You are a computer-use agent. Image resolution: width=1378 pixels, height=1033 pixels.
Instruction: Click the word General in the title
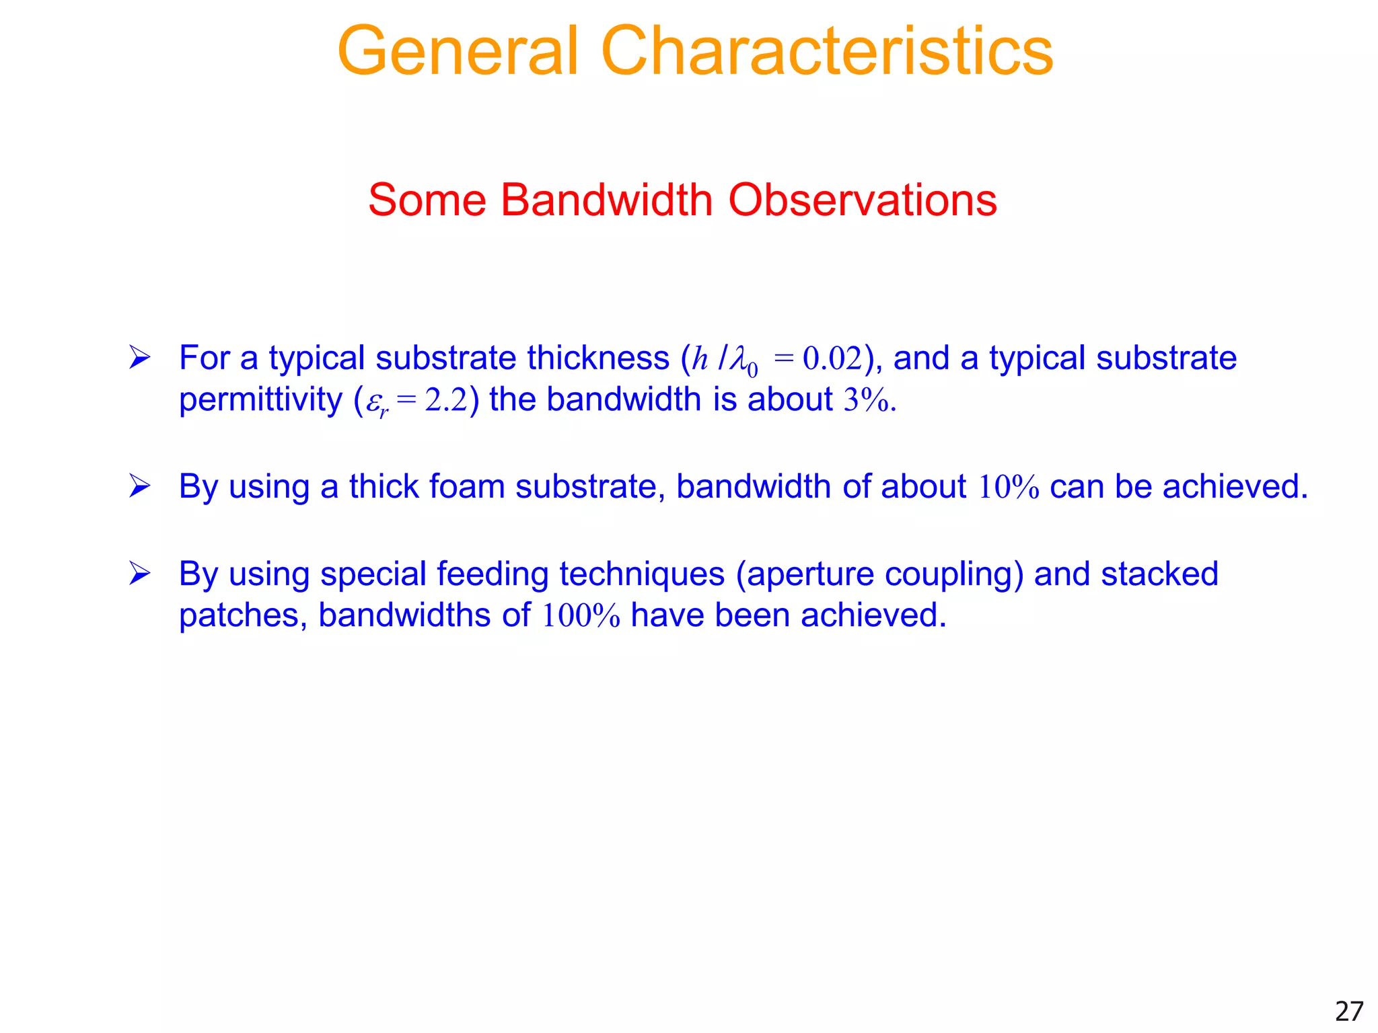pos(458,51)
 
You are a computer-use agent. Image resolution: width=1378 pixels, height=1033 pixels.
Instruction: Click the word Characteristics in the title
pos(827,51)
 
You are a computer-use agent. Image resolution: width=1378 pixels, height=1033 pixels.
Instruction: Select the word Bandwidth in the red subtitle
pos(606,200)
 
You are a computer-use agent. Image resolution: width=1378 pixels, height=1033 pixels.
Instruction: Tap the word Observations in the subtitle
pos(863,200)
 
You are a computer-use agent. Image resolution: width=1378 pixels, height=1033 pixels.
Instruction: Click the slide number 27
pos(1348,1011)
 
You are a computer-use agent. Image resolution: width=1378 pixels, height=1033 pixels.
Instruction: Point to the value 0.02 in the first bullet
pos(832,358)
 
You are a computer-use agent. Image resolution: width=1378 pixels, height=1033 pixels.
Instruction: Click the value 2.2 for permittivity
pos(445,400)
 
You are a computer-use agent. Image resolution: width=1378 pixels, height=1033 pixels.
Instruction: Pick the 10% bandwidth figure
pos(1009,487)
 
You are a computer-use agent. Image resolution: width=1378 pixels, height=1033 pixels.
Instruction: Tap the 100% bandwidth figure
pos(581,616)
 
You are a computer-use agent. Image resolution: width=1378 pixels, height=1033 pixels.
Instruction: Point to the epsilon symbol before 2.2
pos(373,401)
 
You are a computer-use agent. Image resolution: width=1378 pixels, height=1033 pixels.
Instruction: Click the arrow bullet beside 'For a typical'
pos(140,357)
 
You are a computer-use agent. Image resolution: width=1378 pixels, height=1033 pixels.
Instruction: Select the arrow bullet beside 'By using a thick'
pos(140,486)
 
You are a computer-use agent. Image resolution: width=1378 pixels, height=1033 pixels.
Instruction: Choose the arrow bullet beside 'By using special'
pos(140,573)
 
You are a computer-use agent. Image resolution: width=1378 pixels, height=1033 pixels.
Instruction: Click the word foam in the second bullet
pos(466,486)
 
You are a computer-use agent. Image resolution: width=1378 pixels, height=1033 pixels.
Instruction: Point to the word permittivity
pos(260,400)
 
